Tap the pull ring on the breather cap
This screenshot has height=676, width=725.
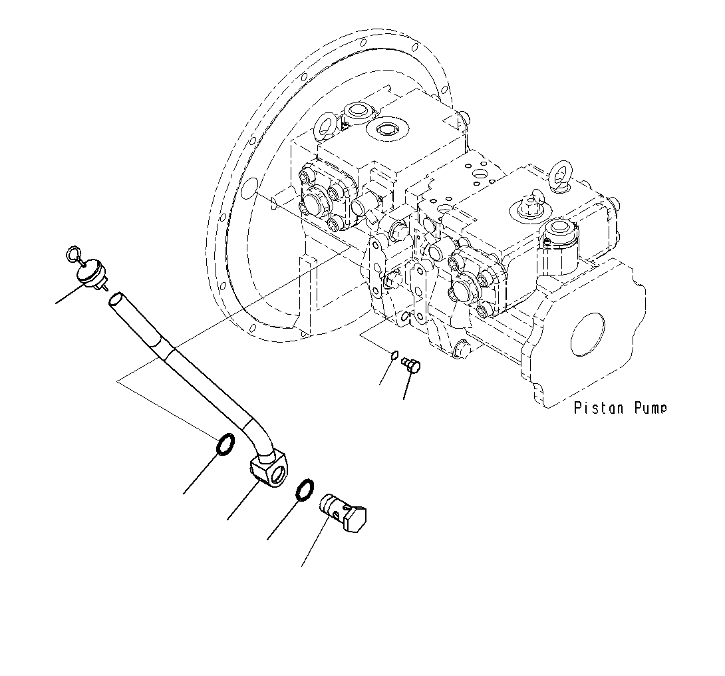74,254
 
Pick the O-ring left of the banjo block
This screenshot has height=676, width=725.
225,444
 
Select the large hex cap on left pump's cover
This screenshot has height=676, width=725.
314,199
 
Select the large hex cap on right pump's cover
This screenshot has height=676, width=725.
462,290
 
